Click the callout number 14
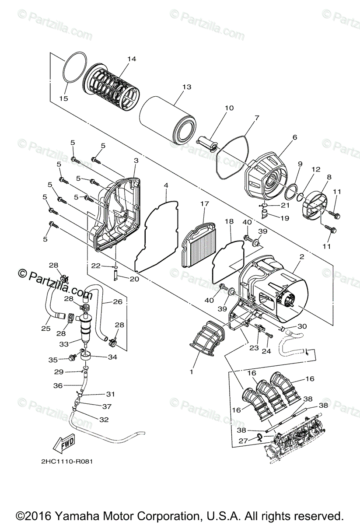[132, 59]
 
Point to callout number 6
[294, 137]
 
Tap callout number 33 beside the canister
[64, 344]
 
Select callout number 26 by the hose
[117, 301]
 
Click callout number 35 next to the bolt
[53, 360]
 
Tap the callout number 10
[229, 108]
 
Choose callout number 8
[329, 177]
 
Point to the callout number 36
[58, 385]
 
